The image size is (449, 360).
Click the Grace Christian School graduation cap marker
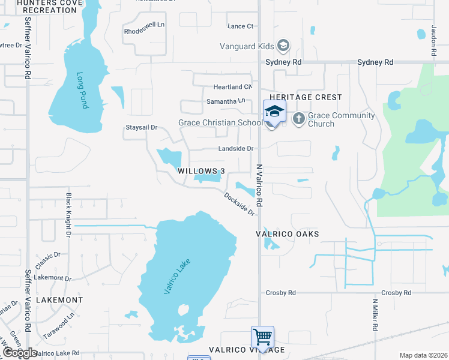click(x=274, y=112)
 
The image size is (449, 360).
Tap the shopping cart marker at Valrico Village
click(x=262, y=337)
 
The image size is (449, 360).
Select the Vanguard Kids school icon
click(x=283, y=46)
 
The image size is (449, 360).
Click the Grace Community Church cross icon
click(x=298, y=119)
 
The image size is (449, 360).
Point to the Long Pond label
click(x=82, y=91)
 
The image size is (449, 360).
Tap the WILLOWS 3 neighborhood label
click(x=201, y=171)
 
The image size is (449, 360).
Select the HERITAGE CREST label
click(x=306, y=97)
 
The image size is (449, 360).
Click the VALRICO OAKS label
click(x=288, y=233)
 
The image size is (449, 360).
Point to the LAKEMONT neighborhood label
click(x=59, y=299)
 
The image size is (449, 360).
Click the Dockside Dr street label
click(x=240, y=204)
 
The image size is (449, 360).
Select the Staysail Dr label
click(x=141, y=127)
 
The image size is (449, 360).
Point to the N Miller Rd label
click(x=375, y=316)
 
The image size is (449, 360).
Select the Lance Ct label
click(x=241, y=26)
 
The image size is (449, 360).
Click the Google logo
click(x=19, y=353)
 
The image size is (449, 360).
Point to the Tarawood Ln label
click(x=62, y=324)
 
